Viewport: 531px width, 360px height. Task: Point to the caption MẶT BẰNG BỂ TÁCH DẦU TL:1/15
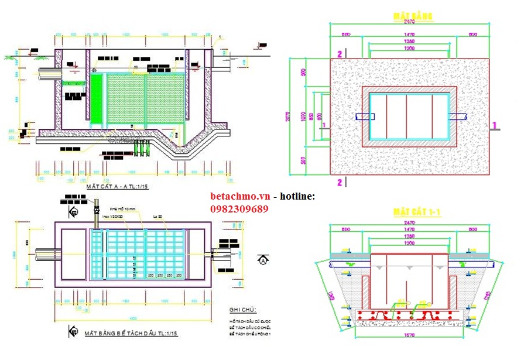(131, 333)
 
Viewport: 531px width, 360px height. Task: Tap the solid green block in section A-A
(95, 99)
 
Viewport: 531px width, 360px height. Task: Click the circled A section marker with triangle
(263, 258)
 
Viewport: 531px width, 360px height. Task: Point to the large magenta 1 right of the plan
(494, 125)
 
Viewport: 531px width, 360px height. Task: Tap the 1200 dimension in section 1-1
(409, 242)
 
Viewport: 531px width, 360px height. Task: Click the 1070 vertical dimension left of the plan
(310, 115)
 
